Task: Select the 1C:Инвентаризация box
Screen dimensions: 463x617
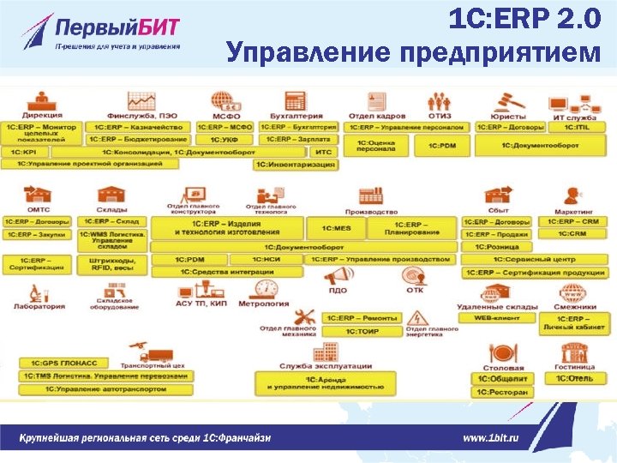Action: pyautogui.click(x=296, y=164)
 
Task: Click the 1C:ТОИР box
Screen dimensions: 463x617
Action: pyautogui.click(x=362, y=331)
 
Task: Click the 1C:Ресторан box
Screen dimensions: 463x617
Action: pyautogui.click(x=504, y=392)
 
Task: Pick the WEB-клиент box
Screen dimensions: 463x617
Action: pyautogui.click(x=497, y=318)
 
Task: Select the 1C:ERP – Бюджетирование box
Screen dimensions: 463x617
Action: pyautogui.click(x=140, y=139)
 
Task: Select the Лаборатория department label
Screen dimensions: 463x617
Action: pyautogui.click(x=39, y=306)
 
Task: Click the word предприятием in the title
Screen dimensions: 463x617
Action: pyautogui.click(x=500, y=53)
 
